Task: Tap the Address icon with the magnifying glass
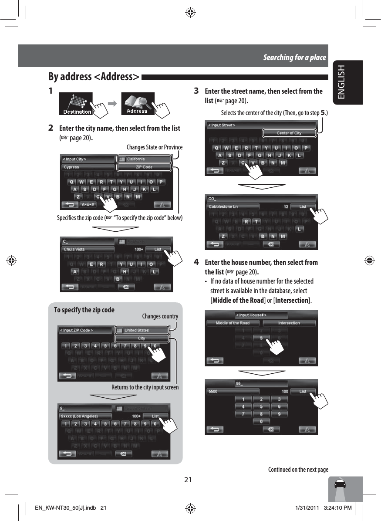[x=137, y=104]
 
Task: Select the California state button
[x=144, y=159]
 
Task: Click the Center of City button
[x=289, y=133]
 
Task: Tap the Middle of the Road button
[x=233, y=323]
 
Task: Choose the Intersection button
[x=289, y=323]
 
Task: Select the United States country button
[x=142, y=330]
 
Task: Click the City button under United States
[x=142, y=338]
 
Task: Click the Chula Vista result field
[x=88, y=250]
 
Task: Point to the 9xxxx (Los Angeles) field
[x=85, y=416]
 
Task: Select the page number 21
[x=188, y=480]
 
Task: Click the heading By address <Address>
[x=94, y=77]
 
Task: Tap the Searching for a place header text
[x=294, y=58]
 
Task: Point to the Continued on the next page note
[x=298, y=470]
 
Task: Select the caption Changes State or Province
[x=155, y=147]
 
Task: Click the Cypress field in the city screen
[x=87, y=167]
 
